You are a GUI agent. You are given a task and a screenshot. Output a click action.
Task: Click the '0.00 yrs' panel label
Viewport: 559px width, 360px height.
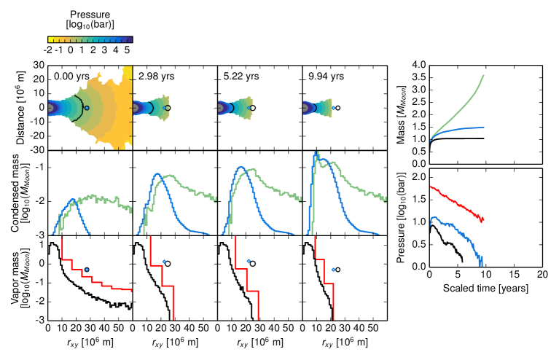coord(71,75)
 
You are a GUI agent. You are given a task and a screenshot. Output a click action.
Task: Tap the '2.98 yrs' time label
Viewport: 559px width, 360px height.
coord(155,75)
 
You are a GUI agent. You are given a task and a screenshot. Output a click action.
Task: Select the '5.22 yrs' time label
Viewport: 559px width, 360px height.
coord(239,75)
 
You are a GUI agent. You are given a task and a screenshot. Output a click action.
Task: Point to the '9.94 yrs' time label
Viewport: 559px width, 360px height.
coord(324,75)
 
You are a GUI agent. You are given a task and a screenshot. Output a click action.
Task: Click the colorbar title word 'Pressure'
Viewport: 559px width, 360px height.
coord(91,14)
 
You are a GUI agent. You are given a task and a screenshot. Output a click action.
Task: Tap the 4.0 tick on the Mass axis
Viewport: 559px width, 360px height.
coord(417,65)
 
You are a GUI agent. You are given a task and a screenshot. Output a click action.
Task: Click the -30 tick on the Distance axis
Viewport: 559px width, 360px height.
coord(36,149)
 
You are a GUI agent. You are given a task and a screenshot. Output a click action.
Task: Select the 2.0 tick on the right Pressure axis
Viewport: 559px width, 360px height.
coord(417,177)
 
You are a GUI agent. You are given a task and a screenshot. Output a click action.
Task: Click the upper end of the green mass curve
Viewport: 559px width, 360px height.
coord(483,75)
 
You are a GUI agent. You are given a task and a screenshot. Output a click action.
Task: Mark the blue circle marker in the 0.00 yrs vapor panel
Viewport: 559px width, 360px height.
coord(87,270)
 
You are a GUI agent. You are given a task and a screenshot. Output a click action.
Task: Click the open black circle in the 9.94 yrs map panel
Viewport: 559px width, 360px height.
coord(336,108)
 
